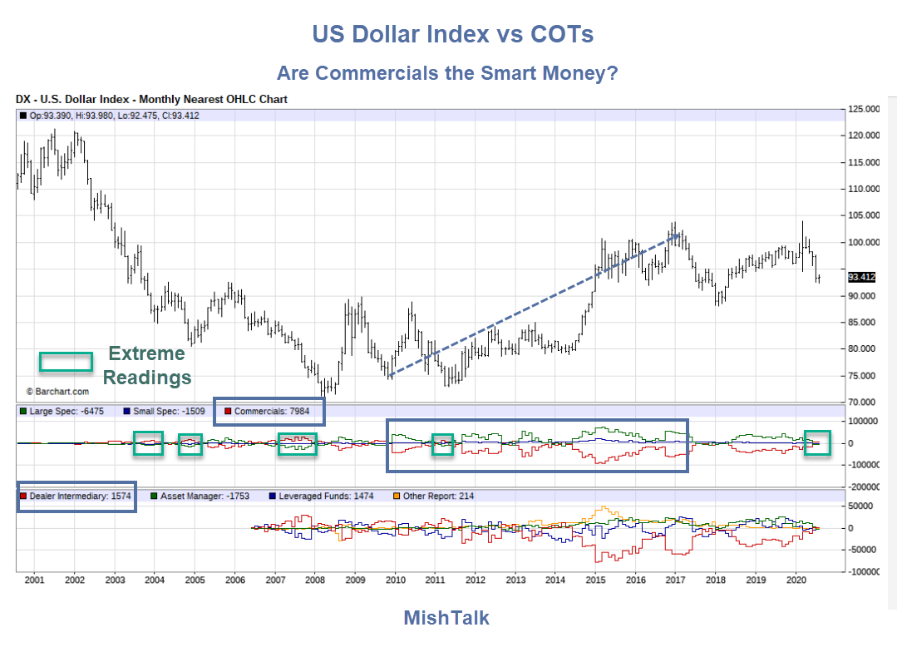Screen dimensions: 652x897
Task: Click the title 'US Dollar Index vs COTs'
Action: coord(453,34)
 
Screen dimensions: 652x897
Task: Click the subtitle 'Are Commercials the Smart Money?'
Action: coord(447,73)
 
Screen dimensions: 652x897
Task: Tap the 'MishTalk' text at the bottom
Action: coord(446,618)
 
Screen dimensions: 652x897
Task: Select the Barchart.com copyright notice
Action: coord(57,391)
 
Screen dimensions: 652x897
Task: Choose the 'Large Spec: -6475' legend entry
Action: coord(67,412)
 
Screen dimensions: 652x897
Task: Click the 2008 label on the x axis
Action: coord(314,579)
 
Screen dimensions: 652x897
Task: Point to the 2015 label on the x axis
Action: coord(595,579)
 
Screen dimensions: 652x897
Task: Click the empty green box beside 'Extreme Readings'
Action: coord(66,362)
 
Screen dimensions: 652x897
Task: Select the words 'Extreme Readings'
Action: coord(148,365)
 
